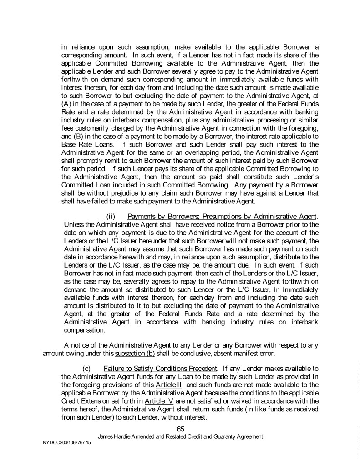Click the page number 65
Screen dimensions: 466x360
[180, 428]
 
